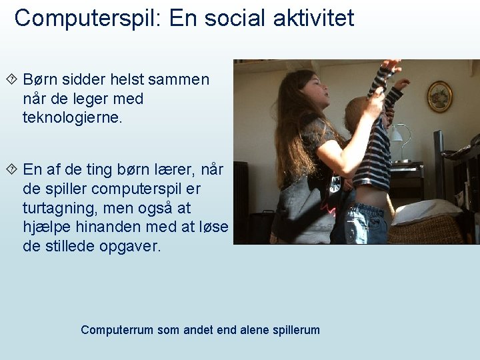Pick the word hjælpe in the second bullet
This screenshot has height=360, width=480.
point(44,227)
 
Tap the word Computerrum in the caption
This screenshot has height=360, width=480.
point(117,330)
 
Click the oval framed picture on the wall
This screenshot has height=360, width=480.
point(439,96)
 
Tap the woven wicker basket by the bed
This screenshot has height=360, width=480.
point(427,231)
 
